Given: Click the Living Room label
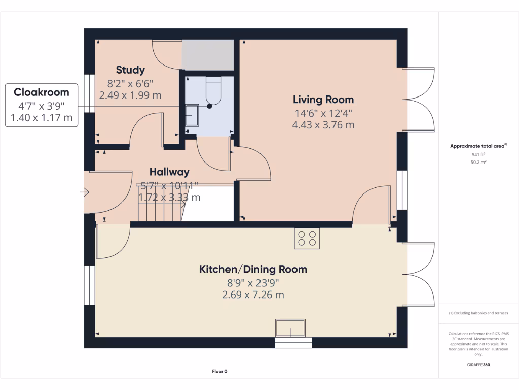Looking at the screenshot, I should tap(323, 100).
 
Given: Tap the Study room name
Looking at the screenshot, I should tap(130, 70).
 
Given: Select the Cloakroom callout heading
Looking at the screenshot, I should tap(42, 92).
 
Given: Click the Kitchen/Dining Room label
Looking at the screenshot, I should tap(253, 269).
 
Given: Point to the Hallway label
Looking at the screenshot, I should tap(169, 172).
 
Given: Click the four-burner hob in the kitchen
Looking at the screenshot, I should tap(307, 238).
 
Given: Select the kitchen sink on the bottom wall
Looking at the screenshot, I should tap(290, 329).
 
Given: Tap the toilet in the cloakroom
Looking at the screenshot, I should tap(213, 91).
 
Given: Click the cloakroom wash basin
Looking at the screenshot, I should tap(192, 115).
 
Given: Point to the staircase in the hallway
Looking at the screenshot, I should tap(158, 203).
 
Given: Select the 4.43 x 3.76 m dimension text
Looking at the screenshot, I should tap(323, 125).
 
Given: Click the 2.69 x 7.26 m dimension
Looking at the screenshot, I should tap(253, 295).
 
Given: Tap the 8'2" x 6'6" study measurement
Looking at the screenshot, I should tap(130, 83).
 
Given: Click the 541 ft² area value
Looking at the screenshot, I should tap(478, 154).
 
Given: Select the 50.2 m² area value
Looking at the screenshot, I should tap(478, 162).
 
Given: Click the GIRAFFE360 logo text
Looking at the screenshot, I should tap(478, 365).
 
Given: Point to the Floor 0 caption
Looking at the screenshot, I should tap(219, 372).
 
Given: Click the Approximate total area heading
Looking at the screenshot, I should tap(477, 146).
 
